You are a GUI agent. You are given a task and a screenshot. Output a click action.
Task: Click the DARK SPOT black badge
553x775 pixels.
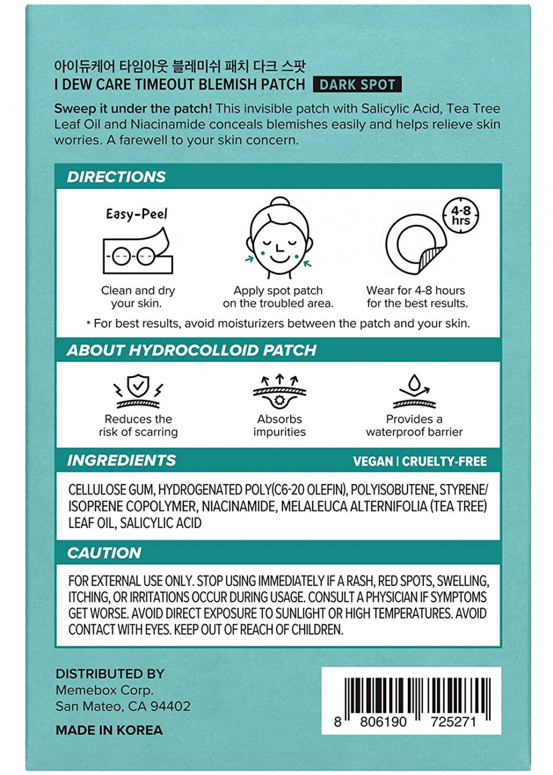pos(357,85)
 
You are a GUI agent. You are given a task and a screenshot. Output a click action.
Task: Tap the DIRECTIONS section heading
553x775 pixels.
pos(116,177)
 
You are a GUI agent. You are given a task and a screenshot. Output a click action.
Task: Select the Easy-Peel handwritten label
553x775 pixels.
pos(137,214)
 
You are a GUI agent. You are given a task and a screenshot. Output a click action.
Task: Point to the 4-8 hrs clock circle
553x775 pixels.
pos(461,215)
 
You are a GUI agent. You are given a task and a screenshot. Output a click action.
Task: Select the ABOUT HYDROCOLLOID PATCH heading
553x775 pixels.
pos(191,351)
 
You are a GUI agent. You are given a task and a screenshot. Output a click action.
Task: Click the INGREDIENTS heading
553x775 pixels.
pos(121,461)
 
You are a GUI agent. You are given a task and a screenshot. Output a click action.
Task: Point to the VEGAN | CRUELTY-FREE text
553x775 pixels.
pos(420,462)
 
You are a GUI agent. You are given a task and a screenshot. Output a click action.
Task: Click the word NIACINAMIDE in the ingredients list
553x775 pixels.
pos(238,506)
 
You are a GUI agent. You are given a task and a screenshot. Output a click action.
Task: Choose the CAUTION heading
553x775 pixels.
pos(104,553)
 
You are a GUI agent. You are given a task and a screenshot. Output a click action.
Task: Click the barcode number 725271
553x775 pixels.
pos(453,722)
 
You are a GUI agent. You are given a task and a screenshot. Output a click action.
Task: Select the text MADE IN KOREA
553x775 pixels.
pos(109,730)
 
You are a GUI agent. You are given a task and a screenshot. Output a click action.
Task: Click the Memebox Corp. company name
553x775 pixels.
pos(104,690)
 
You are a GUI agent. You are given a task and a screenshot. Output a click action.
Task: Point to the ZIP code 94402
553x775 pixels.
pos(170,707)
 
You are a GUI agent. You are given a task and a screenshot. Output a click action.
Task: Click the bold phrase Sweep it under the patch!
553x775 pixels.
pos(133,108)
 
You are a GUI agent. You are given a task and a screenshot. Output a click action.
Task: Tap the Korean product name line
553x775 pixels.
pos(180,67)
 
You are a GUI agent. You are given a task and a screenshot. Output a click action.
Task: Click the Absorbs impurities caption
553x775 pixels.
pos(280,426)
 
